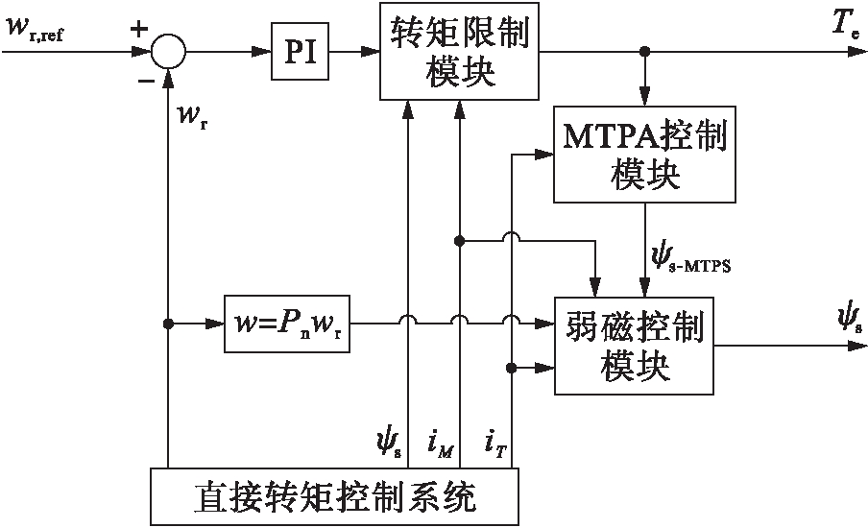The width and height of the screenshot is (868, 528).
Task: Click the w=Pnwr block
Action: point(285,324)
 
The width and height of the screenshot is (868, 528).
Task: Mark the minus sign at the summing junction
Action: point(146,81)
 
